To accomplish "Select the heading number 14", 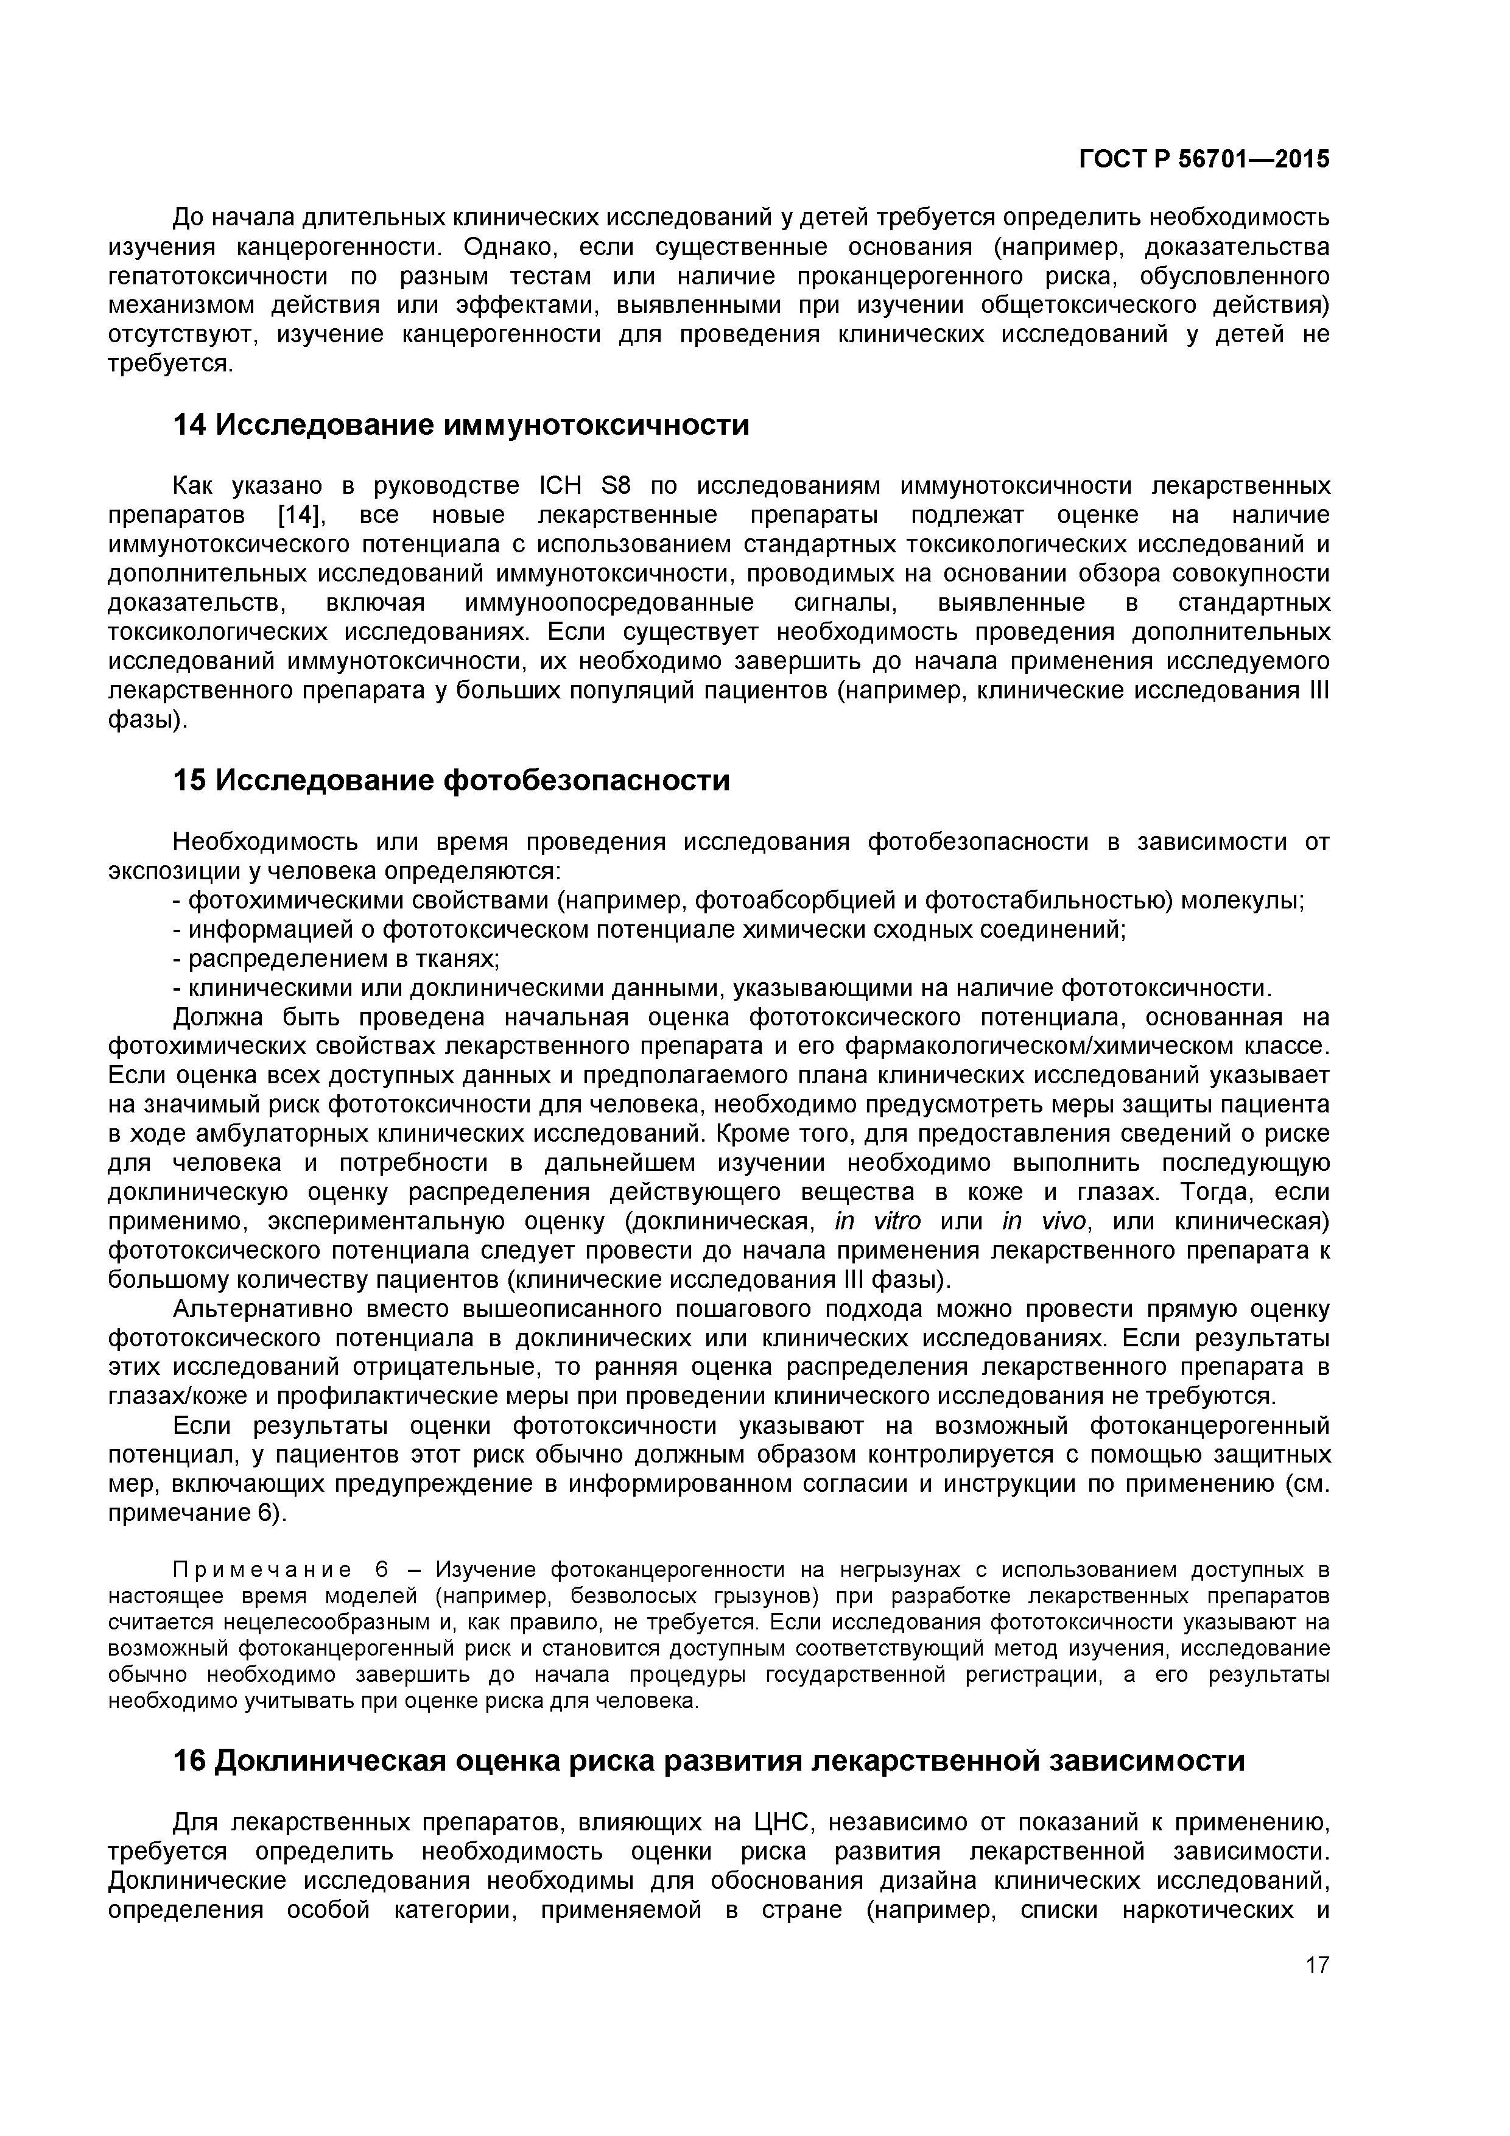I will pos(190,426).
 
